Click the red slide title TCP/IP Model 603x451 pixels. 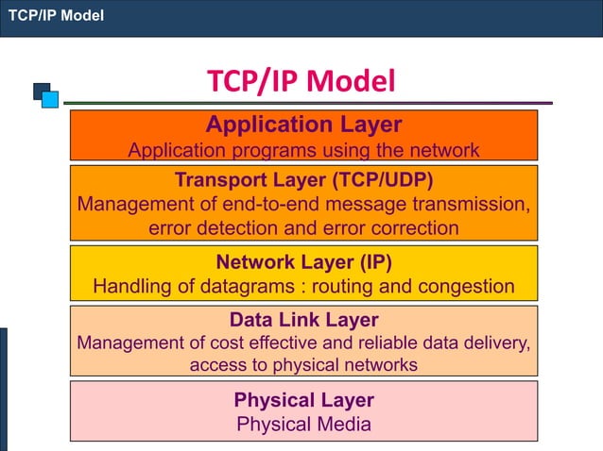(x=301, y=82)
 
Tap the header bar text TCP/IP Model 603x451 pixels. (x=56, y=16)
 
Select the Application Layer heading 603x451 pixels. (x=303, y=125)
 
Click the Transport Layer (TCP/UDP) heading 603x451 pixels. (x=303, y=179)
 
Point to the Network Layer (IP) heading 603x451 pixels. (x=303, y=261)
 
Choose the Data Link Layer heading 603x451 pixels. (x=303, y=319)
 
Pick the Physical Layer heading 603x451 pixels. (x=303, y=399)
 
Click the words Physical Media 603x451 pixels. (x=303, y=424)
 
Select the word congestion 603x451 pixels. (x=467, y=286)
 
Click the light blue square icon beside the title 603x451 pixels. (x=50, y=99)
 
